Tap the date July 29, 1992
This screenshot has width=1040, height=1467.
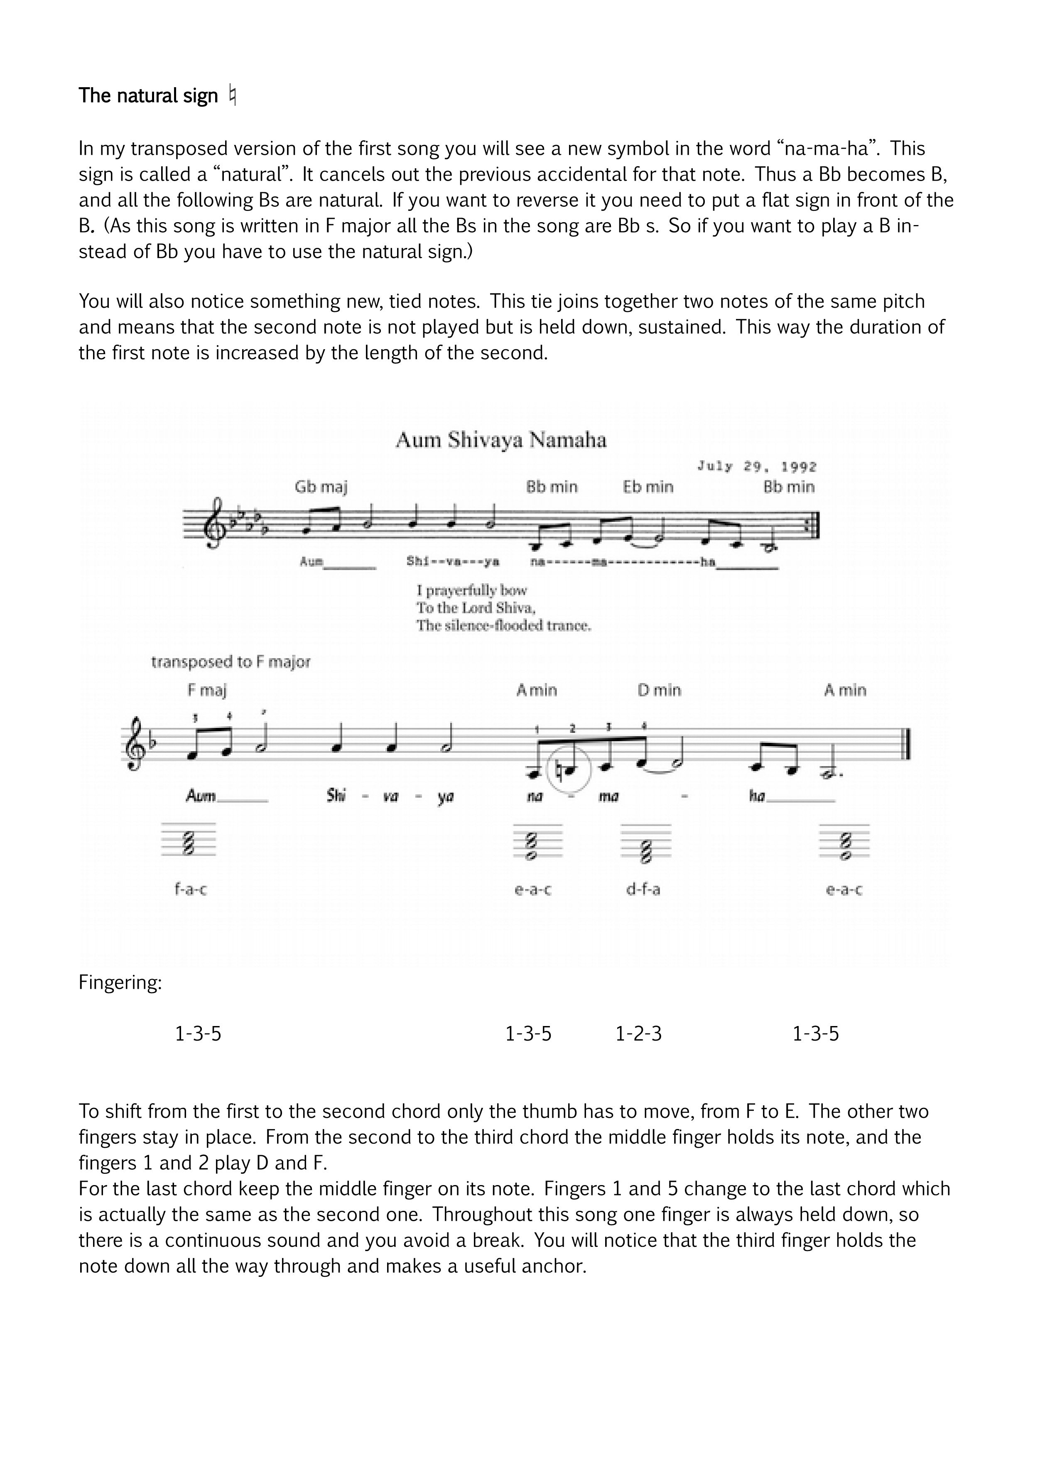756,467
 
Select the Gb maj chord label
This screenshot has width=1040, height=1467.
321,487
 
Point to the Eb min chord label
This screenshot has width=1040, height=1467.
648,487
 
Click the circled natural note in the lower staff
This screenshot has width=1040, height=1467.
569,772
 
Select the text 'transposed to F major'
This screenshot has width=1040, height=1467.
231,662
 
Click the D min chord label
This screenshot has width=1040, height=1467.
659,690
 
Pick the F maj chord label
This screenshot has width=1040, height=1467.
207,690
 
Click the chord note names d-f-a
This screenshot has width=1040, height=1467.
643,889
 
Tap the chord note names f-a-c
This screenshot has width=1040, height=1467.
191,889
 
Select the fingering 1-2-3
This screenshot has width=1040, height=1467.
638,1034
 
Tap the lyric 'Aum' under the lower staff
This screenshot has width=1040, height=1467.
201,796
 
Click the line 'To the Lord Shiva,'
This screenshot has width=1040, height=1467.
476,607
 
